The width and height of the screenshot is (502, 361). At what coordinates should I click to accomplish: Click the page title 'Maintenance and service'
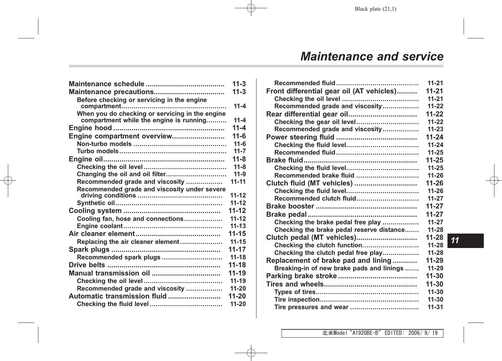pos(371,57)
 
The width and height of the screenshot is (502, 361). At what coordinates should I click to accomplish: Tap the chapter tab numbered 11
pos(455,240)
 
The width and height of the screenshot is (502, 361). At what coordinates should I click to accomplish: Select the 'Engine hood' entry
pos(90,128)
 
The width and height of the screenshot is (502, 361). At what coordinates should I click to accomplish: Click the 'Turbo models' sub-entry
pos(98,151)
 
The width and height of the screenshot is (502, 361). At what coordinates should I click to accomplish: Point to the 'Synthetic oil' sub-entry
pos(96,203)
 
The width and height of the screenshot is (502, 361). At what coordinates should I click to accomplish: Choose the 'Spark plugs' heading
pos(89,249)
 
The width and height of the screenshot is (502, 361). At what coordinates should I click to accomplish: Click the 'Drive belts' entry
pos(87,265)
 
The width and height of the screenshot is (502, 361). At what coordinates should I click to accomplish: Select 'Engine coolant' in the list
pos(99,226)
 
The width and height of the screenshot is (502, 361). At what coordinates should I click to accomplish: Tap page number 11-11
pos(238,182)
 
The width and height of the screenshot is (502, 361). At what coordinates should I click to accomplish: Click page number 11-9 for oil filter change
pos(240,174)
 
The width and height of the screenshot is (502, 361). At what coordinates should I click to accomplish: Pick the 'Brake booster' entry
pos(290,206)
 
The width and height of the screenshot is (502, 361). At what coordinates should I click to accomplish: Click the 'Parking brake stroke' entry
pos(301,276)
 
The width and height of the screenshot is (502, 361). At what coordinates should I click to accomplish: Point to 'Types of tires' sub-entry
pos(295,292)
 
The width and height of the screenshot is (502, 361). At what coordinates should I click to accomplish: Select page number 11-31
pos(435,307)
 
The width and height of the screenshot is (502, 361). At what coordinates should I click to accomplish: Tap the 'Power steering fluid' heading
pos(300,137)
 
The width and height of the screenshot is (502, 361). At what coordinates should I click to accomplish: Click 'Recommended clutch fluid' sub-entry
pos(315,199)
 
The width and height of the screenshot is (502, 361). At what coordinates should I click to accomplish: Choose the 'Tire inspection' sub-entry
pos(297,300)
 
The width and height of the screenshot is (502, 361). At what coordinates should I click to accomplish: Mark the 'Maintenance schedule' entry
pos(106,84)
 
